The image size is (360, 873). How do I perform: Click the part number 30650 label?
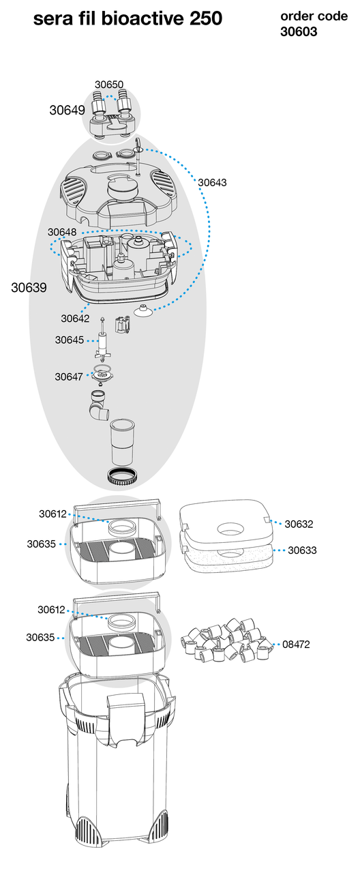tap(109, 85)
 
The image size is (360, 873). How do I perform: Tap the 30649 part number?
tap(67, 110)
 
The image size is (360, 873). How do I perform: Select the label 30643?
tap(212, 182)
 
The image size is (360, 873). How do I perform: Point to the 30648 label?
tap(62, 232)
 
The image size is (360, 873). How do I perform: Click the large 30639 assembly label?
tap(29, 288)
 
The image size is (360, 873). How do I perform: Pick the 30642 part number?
tap(75, 319)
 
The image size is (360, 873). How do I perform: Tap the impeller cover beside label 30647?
tap(103, 376)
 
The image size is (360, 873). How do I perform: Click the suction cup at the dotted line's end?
tap(142, 310)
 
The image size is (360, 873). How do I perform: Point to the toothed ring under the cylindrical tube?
tap(123, 476)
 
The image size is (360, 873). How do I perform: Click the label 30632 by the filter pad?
tap(299, 524)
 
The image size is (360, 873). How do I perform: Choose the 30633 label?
tap(302, 550)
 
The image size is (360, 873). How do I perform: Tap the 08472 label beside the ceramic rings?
tap(296, 645)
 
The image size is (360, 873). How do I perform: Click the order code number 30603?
tap(299, 31)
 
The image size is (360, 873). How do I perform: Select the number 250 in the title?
tap(206, 18)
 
